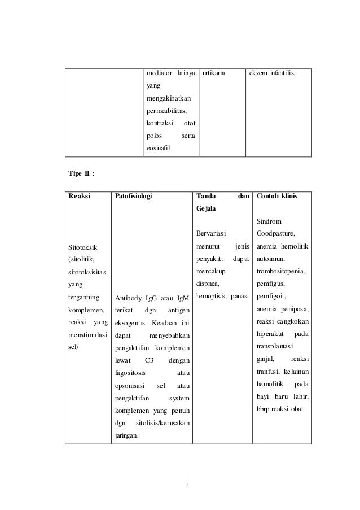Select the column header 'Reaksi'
[x=79, y=197]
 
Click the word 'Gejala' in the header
[x=206, y=209]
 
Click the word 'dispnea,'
[x=207, y=284]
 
